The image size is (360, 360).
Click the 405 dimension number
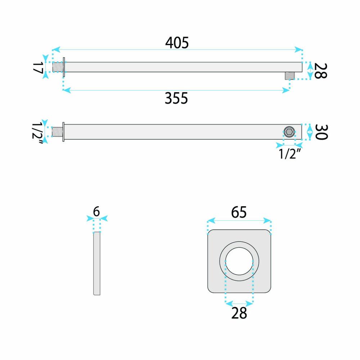177,43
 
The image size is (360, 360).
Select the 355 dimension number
176,98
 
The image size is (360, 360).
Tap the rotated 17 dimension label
38,68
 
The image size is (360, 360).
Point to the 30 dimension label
321,132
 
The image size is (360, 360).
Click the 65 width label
239,212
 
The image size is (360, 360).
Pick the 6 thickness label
96,211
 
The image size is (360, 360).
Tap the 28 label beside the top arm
320,71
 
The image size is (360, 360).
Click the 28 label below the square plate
239,313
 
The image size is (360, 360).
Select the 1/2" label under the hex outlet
289,154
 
